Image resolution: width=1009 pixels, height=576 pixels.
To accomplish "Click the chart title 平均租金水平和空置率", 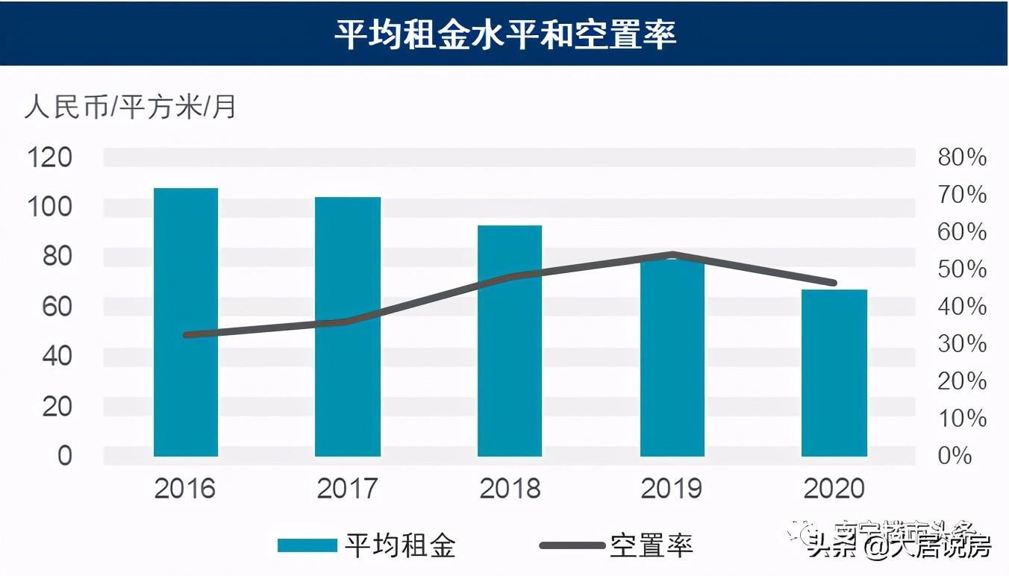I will click(x=504, y=34).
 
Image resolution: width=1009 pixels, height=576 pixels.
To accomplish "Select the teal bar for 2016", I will click(x=186, y=322).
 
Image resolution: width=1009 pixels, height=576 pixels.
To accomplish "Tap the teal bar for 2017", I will click(x=348, y=326).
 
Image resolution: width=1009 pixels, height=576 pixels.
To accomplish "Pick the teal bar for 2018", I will click(x=510, y=340).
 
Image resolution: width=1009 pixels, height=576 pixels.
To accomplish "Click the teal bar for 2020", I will click(x=834, y=372).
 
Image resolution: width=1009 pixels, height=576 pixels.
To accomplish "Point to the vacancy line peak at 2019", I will click(x=672, y=255).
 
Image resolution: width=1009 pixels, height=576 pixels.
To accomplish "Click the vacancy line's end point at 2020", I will click(x=833, y=283).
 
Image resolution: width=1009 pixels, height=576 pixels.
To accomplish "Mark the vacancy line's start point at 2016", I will click(x=187, y=335).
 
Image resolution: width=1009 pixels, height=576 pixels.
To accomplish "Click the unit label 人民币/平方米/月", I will click(x=131, y=107).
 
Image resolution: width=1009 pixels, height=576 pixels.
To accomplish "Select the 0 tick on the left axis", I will click(x=65, y=455).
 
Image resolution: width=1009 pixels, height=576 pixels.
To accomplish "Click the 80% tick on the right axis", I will click(x=962, y=157).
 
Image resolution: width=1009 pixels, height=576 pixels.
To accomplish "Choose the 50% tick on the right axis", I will click(x=962, y=269).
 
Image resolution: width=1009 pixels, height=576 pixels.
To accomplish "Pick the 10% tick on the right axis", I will click(x=962, y=419).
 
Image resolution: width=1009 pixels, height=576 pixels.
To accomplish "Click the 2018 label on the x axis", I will click(x=510, y=489).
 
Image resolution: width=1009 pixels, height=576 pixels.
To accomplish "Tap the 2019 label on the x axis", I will click(x=672, y=489).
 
